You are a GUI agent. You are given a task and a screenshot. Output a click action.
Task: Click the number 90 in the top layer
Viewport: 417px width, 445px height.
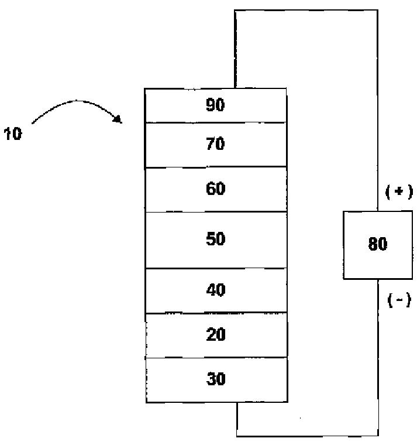[215, 105]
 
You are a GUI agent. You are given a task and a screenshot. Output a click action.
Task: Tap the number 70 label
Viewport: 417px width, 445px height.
[215, 143]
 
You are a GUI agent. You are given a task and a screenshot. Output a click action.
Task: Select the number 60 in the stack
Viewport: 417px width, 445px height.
[215, 189]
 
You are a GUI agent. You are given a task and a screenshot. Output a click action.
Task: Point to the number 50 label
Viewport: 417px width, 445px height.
[215, 239]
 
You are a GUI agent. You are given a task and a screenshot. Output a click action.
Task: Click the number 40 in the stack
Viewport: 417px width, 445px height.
[216, 290]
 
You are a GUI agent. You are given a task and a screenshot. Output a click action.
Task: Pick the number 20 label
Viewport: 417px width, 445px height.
[216, 334]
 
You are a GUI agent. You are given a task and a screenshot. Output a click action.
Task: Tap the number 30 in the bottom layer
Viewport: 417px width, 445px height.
[216, 379]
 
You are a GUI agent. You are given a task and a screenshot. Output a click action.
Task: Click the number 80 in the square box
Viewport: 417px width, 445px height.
[378, 244]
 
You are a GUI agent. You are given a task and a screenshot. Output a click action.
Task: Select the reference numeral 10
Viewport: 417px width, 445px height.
[13, 133]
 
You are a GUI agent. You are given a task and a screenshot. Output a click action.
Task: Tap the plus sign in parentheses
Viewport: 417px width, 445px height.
[399, 192]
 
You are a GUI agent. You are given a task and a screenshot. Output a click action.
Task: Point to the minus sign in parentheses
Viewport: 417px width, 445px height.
[399, 300]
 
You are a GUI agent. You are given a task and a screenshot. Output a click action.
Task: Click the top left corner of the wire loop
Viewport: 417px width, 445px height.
[235, 11]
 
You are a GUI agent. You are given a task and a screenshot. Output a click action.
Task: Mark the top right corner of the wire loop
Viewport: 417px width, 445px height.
[377, 11]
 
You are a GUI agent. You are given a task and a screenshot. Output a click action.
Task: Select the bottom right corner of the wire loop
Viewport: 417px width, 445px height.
[378, 436]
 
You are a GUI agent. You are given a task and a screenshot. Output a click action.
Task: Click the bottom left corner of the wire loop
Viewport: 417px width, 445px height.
[237, 436]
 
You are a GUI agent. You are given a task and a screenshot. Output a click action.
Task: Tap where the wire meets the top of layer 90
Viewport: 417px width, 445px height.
[235, 88]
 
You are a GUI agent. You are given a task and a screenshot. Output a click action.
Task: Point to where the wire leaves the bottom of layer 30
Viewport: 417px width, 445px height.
[237, 402]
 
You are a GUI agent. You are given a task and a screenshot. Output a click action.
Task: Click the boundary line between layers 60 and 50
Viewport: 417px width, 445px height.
[216, 212]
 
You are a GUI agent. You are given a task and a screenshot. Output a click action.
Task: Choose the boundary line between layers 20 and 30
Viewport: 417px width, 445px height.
[216, 357]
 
